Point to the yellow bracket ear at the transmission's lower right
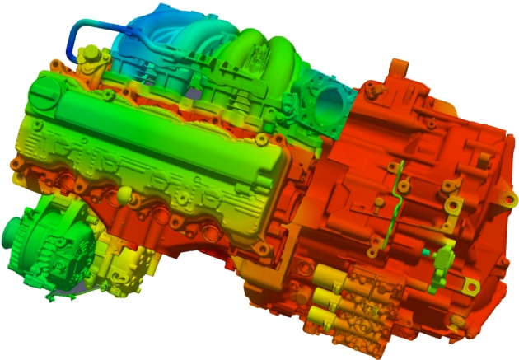click(x=470, y=285)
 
